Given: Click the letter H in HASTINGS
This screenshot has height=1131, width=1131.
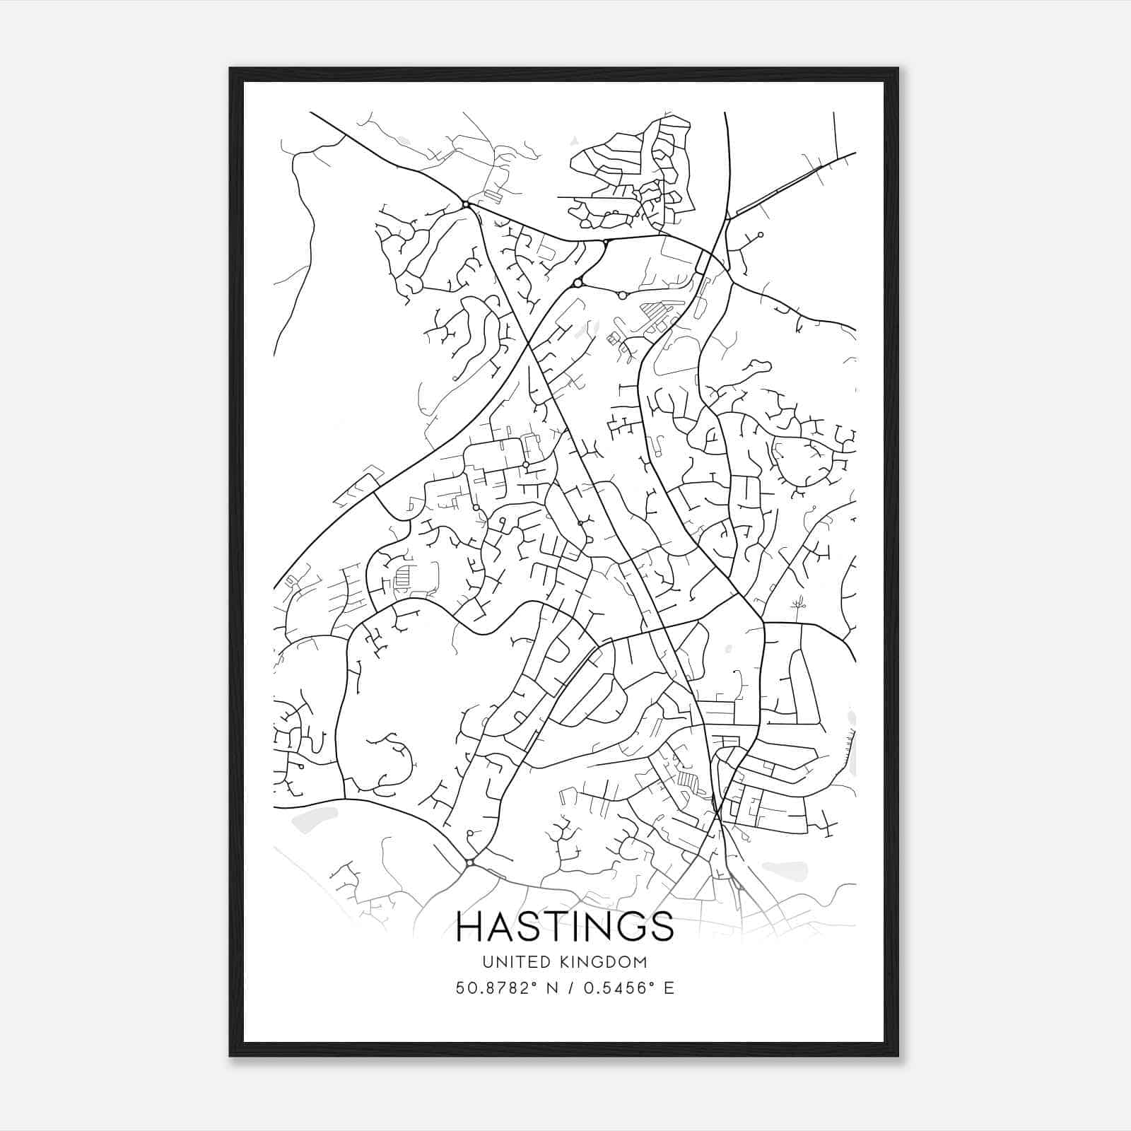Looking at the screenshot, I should (470, 927).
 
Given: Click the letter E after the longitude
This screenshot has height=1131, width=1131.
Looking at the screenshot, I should (669, 988).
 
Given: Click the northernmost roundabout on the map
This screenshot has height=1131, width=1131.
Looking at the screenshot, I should (466, 204).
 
